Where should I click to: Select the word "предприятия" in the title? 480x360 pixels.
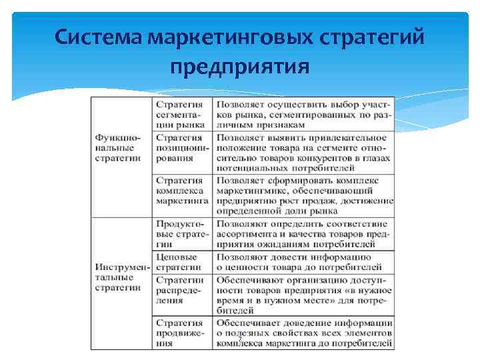pyautogui.click(x=239, y=67)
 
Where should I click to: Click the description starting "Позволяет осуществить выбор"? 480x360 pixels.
pyautogui.click(x=303, y=115)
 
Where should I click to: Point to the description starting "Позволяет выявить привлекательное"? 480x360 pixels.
pyautogui.click(x=303, y=153)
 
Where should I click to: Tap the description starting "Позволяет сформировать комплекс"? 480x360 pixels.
pyautogui.click(x=303, y=195)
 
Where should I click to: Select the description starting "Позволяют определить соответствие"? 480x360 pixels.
pyautogui.click(x=303, y=234)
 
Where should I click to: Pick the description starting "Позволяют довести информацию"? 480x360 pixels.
pyautogui.click(x=303, y=262)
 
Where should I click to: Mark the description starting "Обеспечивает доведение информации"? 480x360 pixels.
pyautogui.click(x=303, y=333)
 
